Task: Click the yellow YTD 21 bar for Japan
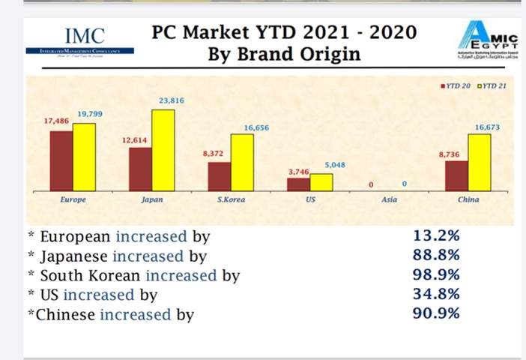pyautogui.click(x=163, y=151)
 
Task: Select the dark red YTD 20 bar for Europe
pyautogui.click(x=61, y=161)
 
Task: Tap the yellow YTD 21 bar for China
pyautogui.click(x=479, y=163)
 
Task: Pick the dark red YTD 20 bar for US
pyautogui.click(x=299, y=184)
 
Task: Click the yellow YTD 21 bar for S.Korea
pyautogui.click(x=242, y=163)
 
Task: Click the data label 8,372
pyautogui.click(x=214, y=153)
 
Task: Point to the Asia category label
pyautogui.click(x=389, y=200)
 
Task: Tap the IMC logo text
pyautogui.click(x=85, y=34)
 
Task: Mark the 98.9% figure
pyautogui.click(x=436, y=274)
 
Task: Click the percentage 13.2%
pyautogui.click(x=436, y=235)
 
